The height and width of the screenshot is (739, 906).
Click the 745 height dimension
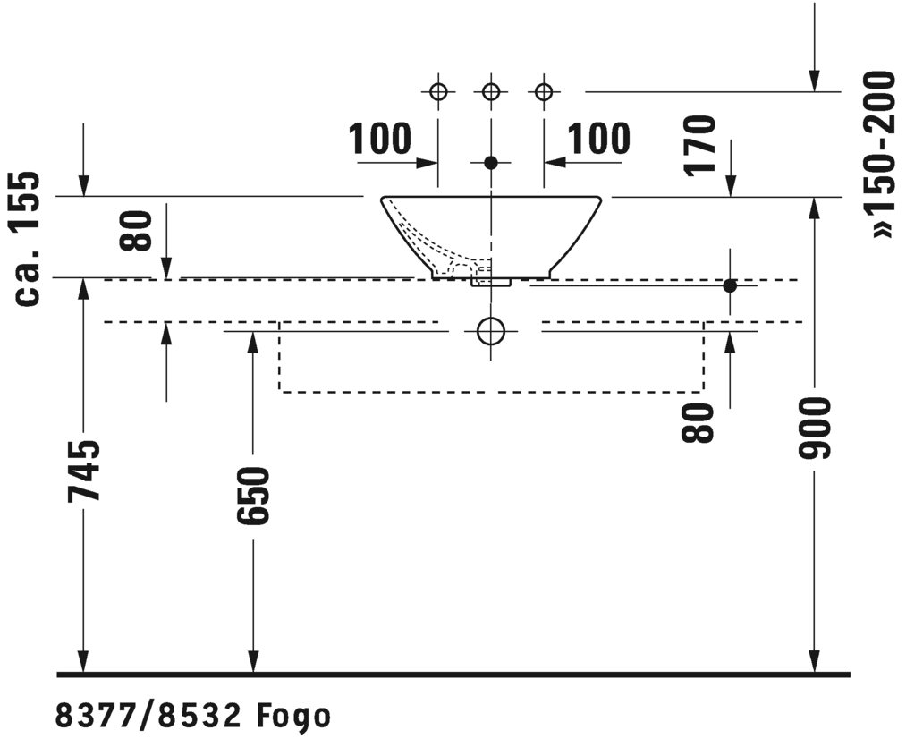[84, 470]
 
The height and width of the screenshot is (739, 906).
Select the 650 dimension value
[253, 497]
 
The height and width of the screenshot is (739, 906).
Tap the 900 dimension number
[814, 429]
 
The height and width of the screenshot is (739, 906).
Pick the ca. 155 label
[27, 239]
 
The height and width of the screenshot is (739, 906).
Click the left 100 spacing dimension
[379, 139]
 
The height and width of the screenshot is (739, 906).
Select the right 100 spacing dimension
[598, 139]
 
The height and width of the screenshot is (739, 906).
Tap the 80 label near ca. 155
[136, 231]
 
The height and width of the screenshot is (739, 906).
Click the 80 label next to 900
[698, 423]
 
